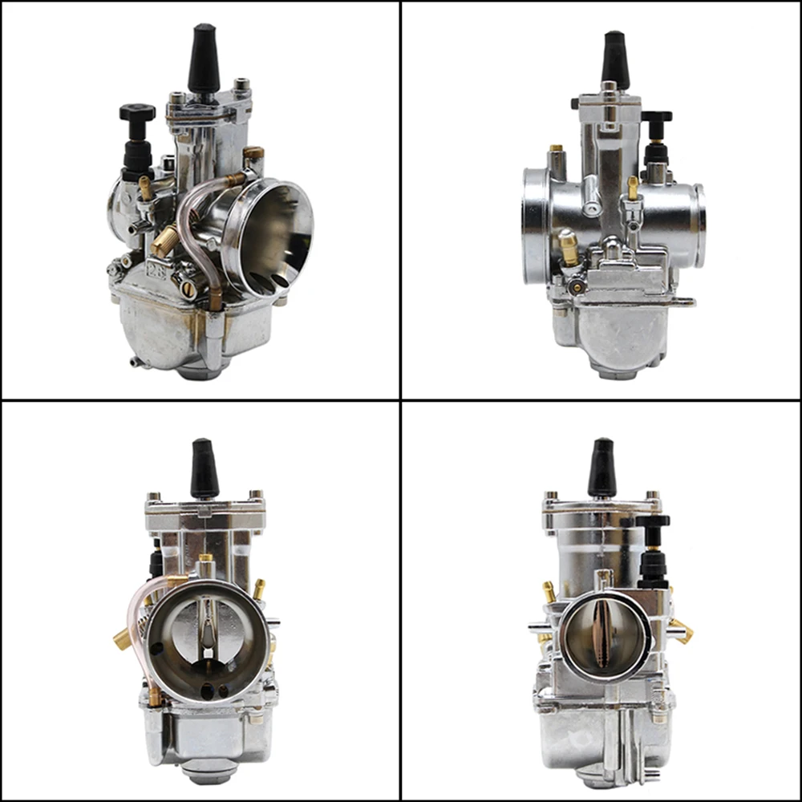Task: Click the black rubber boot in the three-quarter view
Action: (x=204, y=61)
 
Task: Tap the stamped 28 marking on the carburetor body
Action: (x=152, y=270)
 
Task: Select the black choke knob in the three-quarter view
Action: (x=137, y=113)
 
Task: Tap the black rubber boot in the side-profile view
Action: (x=615, y=59)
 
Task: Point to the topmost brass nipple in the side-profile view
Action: (x=555, y=150)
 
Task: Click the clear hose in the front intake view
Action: (x=137, y=634)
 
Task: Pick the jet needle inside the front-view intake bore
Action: (x=207, y=626)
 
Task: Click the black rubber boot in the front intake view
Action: (x=204, y=469)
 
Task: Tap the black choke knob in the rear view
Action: (x=653, y=522)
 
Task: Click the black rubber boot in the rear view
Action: (x=601, y=469)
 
